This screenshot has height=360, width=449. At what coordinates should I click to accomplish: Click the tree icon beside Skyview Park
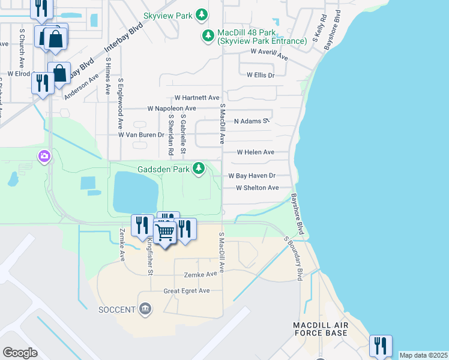203,14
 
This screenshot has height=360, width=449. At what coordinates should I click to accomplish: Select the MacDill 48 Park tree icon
208,36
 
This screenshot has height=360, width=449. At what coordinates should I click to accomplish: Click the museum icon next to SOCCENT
145,310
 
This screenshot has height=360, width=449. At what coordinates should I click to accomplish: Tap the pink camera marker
44,157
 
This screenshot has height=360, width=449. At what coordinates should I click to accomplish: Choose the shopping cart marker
164,231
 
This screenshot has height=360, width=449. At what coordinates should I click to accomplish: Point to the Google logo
20,353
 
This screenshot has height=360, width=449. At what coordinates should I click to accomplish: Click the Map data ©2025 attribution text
423,355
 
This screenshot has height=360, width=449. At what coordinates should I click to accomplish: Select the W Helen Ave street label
255,152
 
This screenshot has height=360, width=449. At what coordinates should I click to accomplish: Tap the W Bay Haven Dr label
252,176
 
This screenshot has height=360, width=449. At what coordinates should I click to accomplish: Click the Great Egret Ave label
187,291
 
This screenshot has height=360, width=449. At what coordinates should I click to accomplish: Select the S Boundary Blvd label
294,258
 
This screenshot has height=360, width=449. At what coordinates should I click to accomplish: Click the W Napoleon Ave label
175,109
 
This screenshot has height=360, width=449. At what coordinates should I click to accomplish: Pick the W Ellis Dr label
260,75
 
